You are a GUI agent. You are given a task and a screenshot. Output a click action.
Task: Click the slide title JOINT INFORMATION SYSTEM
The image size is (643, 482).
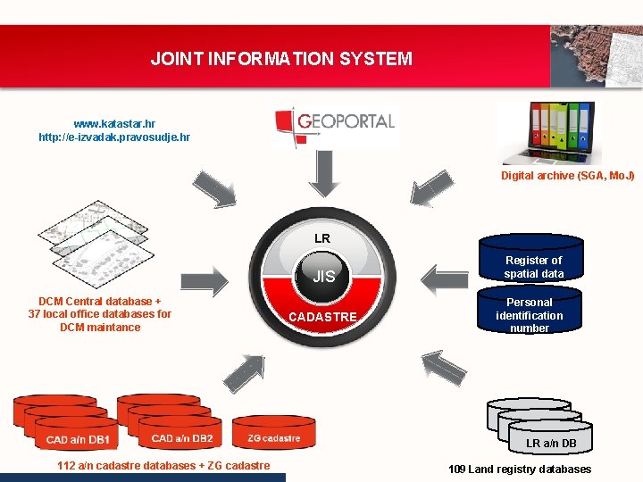pyautogui.click(x=281, y=60)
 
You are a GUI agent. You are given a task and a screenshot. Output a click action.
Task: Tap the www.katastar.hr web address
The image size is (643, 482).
pyautogui.click(x=114, y=124)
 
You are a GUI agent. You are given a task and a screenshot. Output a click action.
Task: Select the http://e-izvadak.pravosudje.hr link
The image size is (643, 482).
pyautogui.click(x=114, y=137)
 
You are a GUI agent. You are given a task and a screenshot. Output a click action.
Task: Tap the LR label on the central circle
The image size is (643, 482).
pyautogui.click(x=322, y=238)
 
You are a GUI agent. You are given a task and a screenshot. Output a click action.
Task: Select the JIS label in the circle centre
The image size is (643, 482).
pyautogui.click(x=323, y=277)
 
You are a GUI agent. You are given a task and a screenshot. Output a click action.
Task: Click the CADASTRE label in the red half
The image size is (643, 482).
pyautogui.click(x=322, y=317)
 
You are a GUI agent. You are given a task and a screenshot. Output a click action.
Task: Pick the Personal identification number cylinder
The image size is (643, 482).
pyautogui.click(x=530, y=315)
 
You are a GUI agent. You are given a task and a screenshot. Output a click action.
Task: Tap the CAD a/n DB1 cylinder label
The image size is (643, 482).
pyautogui.click(x=79, y=439)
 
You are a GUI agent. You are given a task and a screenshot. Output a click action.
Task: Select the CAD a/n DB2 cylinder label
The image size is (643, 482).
pyautogui.click(x=181, y=438)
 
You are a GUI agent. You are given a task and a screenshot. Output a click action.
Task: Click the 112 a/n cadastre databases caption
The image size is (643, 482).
pyautogui.click(x=163, y=466)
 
